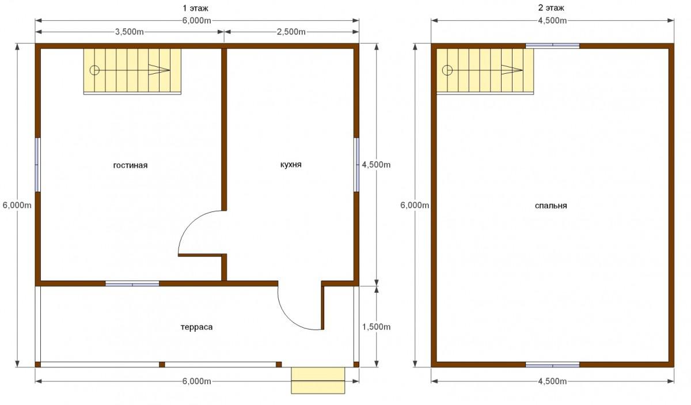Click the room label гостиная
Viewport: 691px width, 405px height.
point(130,165)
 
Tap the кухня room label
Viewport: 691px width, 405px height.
point(291,165)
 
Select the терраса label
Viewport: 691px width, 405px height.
point(196,327)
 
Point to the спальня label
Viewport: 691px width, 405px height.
point(550,206)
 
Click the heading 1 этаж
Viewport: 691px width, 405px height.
point(196,8)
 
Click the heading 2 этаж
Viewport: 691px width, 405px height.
point(551,7)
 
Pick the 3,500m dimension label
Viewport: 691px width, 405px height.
point(129,32)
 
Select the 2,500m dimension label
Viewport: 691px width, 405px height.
point(291,32)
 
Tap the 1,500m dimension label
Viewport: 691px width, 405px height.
point(376,327)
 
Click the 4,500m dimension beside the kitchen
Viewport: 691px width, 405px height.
point(376,165)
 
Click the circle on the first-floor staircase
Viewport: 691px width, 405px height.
point(94,70)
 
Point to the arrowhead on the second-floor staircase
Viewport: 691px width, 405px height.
point(512,70)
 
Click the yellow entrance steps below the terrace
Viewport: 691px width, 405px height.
point(318,380)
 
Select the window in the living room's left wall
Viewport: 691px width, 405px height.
point(37,165)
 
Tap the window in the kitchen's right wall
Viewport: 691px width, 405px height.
point(356,165)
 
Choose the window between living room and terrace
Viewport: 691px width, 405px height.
point(132,283)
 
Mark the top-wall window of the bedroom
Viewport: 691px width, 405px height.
point(552,46)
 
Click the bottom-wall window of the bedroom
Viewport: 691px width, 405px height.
point(552,365)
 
